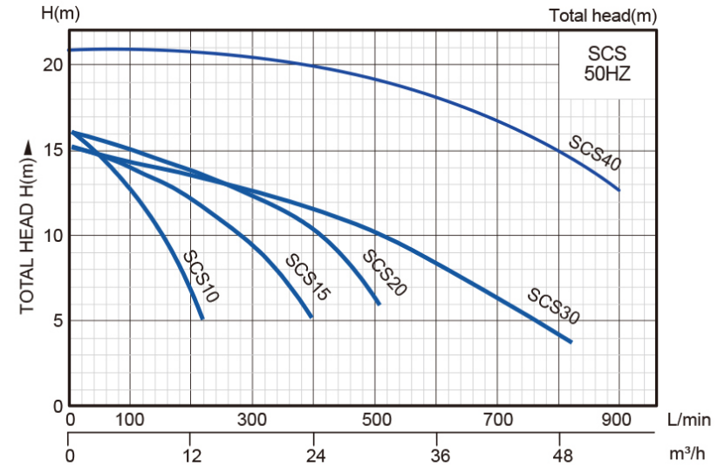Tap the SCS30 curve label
(x=554, y=305)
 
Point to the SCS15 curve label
(x=308, y=277)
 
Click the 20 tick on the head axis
(x=52, y=65)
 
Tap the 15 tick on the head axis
(x=52, y=150)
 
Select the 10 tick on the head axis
(x=52, y=236)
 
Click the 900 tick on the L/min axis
(x=619, y=419)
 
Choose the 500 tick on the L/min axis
(x=376, y=419)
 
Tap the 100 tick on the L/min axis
(x=130, y=419)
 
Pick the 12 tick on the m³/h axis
(x=192, y=455)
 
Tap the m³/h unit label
(x=687, y=455)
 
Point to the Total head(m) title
(x=603, y=16)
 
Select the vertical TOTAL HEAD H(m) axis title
(x=27, y=229)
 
